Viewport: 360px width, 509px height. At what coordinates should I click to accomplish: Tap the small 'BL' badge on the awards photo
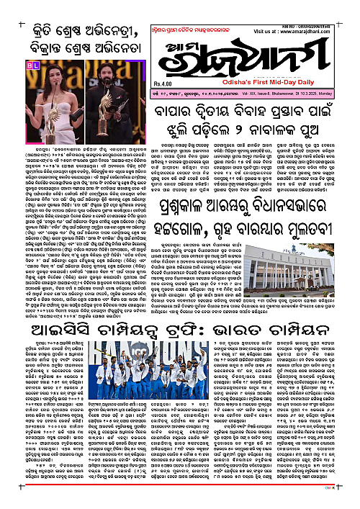point(32,66)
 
